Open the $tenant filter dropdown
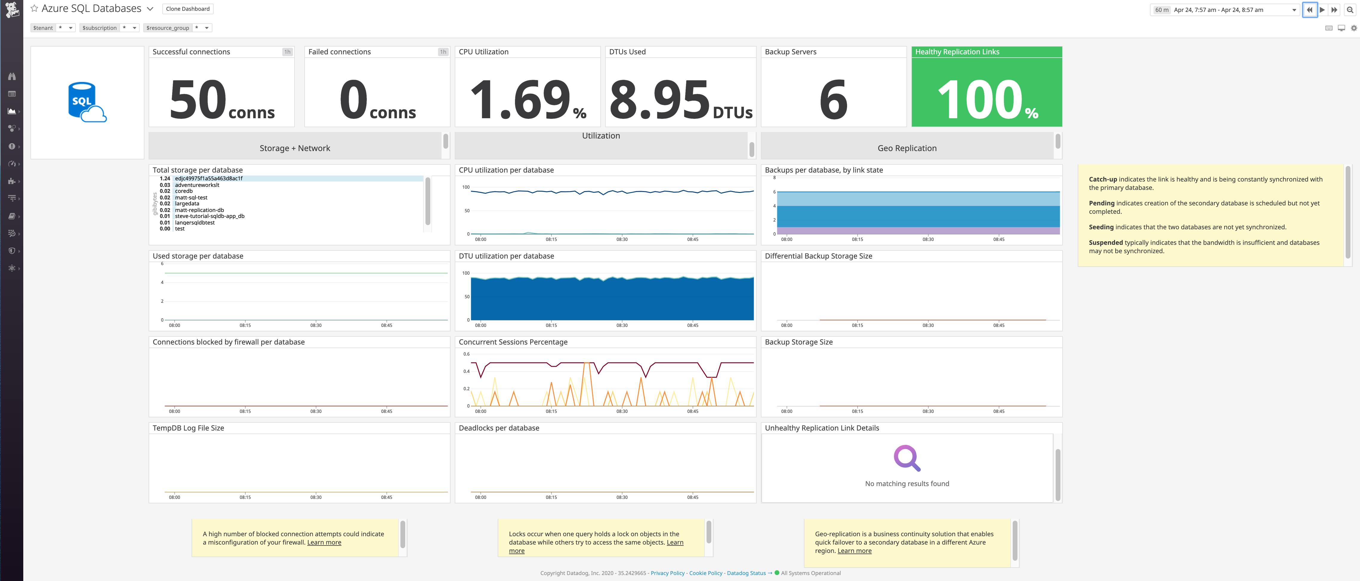coord(70,28)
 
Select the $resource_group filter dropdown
coord(206,28)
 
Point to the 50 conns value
coord(222,100)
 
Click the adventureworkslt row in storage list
coord(197,185)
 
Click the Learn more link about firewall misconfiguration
coord(324,542)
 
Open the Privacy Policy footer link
coord(667,573)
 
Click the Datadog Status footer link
coord(746,573)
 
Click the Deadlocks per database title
coord(499,428)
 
